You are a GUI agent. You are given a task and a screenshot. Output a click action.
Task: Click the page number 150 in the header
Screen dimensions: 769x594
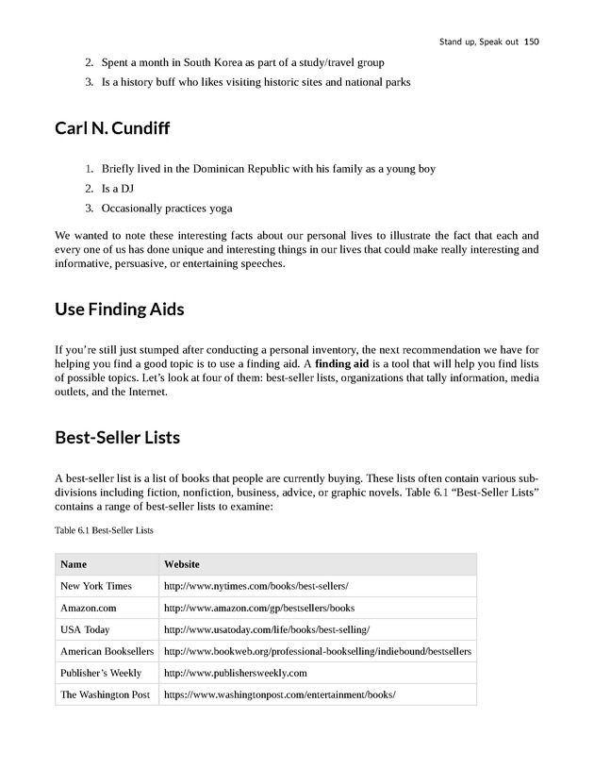pyautogui.click(x=531, y=42)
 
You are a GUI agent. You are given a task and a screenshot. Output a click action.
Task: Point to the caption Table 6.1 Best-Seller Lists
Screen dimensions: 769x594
pyautogui.click(x=104, y=530)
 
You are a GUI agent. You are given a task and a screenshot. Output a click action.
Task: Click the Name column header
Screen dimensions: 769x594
pyautogui.click(x=74, y=564)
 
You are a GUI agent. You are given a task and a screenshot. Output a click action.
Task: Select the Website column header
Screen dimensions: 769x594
pyautogui.click(x=182, y=564)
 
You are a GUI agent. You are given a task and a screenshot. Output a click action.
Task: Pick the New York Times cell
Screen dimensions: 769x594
pyautogui.click(x=96, y=586)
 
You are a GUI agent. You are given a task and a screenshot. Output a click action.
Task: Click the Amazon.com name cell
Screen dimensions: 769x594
pyautogui.click(x=88, y=608)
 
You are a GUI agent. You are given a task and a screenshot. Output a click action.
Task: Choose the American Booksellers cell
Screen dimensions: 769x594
pyautogui.click(x=107, y=651)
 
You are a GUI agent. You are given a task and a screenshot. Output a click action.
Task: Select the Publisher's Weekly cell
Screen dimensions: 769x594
pyautogui.click(x=101, y=673)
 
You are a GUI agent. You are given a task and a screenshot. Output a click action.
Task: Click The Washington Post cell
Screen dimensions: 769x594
pyautogui.click(x=105, y=694)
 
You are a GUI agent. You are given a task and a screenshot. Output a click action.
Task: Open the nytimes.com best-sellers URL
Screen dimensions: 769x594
pyautogui.click(x=256, y=586)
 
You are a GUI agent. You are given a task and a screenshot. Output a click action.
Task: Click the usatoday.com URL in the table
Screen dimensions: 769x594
pyautogui.click(x=267, y=629)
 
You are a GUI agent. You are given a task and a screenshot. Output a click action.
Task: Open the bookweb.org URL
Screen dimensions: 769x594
pyautogui.click(x=318, y=651)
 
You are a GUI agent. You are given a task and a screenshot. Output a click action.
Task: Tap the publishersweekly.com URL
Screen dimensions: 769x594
pyautogui.click(x=236, y=673)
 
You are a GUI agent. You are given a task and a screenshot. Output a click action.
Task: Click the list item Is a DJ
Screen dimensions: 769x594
pyautogui.click(x=117, y=189)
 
